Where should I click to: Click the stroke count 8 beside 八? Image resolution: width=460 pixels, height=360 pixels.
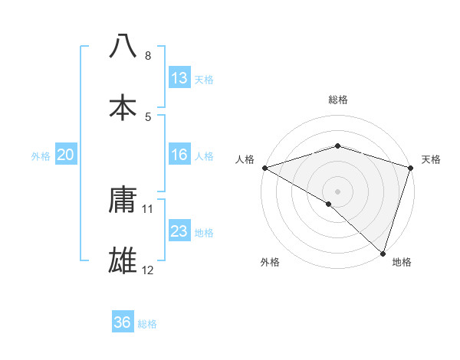pos(148,56)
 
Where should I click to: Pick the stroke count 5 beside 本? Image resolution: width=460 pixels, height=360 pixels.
pos(148,117)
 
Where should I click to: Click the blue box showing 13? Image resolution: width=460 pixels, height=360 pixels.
pos(179,78)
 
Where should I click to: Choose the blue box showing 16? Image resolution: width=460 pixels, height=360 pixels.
pos(179,155)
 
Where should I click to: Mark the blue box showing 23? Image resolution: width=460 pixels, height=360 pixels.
pos(179,231)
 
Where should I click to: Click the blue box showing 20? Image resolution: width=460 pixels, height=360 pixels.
pos(66,155)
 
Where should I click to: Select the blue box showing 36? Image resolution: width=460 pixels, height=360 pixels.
pos(123,322)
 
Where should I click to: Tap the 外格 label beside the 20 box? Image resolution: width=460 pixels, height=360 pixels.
pos(41,156)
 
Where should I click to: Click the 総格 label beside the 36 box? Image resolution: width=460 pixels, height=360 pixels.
pos(147,323)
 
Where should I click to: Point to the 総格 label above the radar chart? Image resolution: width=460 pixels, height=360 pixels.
pos(338,100)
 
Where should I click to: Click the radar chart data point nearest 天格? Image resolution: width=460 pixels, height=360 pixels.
pos(410,169)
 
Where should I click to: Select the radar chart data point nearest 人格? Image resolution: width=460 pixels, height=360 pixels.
pos(264,168)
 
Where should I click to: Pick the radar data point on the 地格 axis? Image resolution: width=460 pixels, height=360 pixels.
pos(382,252)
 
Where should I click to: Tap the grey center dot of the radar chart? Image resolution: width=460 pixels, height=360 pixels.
pos(338,191)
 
